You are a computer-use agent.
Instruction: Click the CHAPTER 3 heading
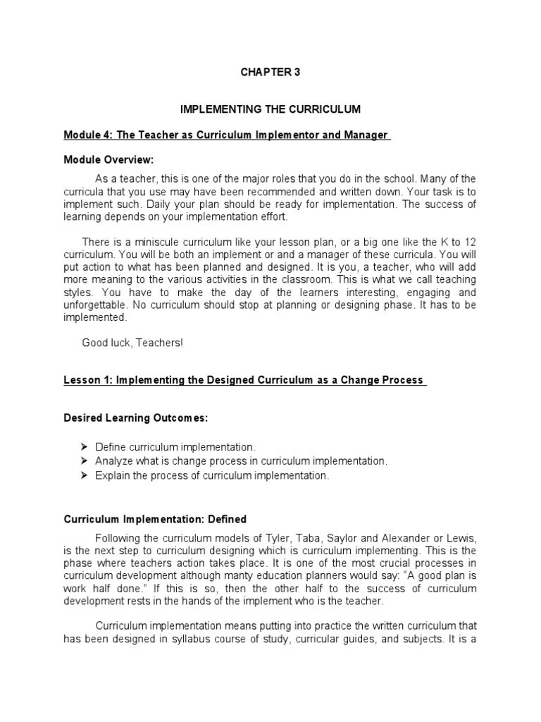[270, 72]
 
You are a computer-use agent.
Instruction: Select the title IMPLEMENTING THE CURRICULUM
[270, 109]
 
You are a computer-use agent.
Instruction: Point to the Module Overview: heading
[108, 160]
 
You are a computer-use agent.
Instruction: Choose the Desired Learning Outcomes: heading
[136, 417]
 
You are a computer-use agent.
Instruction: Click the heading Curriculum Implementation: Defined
[156, 518]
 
